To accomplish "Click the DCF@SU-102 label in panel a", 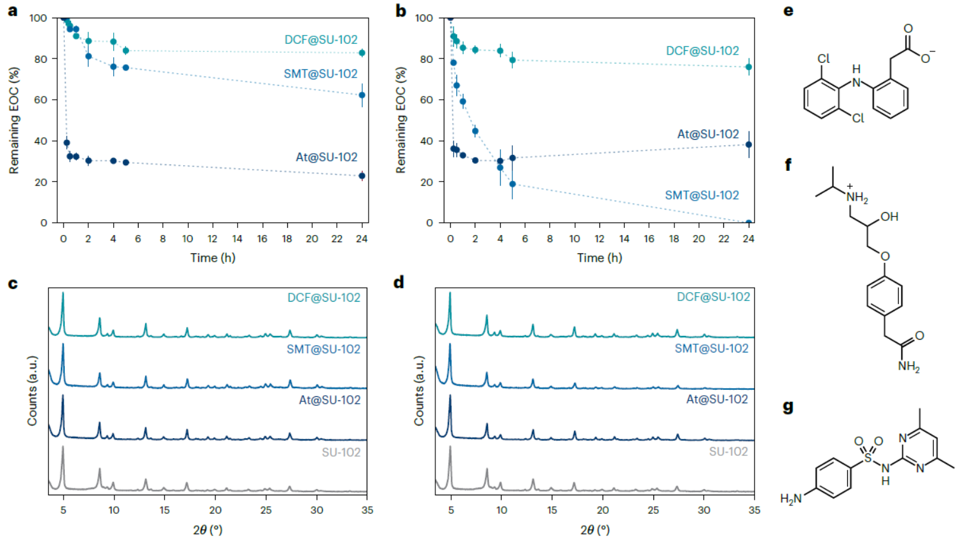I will click(320, 40).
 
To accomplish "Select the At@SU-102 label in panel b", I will click(707, 134).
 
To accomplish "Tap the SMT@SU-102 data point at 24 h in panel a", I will click(362, 95).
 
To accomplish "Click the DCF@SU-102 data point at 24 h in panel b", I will click(749, 67).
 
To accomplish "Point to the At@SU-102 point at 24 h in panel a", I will click(362, 176).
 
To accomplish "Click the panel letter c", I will click(13, 283).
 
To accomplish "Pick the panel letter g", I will click(788, 406).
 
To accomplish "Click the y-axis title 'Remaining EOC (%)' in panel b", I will click(400, 120).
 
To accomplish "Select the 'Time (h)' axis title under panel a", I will click(213, 258).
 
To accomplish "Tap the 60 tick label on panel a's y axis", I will click(40, 100).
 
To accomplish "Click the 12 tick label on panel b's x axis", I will click(599, 239).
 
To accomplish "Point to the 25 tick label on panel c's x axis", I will click(266, 510).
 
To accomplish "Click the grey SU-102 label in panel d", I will click(728, 452).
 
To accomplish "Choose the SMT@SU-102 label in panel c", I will click(323, 349).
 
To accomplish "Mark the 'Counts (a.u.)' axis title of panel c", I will click(32, 391).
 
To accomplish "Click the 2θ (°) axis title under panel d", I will click(595, 530).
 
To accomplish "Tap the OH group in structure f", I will click(889, 217).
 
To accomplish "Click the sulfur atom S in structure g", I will click(868, 458).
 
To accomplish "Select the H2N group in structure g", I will click(791, 499).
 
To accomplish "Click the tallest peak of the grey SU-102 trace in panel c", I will click(63, 447).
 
